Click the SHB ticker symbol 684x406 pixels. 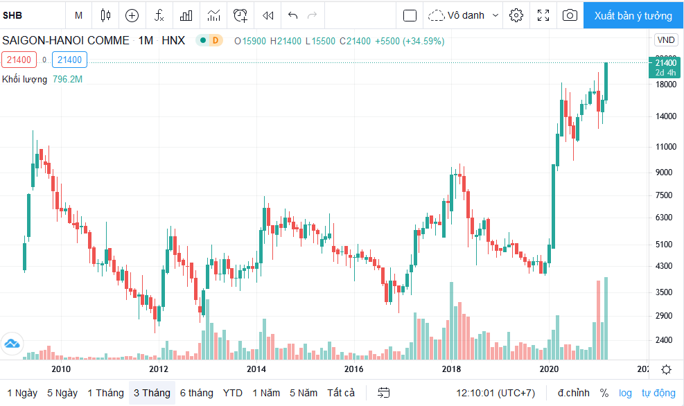(12, 16)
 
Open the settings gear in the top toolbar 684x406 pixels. (516, 15)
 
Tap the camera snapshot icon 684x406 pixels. (570, 15)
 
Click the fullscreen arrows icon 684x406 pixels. (543, 15)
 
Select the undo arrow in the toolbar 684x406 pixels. (292, 16)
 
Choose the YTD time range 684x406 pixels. (233, 393)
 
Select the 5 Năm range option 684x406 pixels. (303, 393)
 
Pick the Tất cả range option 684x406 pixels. (341, 393)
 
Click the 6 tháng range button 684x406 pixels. (197, 393)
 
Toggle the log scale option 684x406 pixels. (625, 393)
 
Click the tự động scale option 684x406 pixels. (658, 393)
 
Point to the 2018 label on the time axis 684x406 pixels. (451, 369)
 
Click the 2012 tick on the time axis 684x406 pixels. (158, 369)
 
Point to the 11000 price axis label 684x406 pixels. (666, 147)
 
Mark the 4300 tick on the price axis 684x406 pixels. (664, 265)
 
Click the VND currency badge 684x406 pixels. (666, 40)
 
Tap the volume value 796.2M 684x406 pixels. (68, 80)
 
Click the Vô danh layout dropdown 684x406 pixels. (463, 16)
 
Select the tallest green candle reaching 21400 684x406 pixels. (606, 82)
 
